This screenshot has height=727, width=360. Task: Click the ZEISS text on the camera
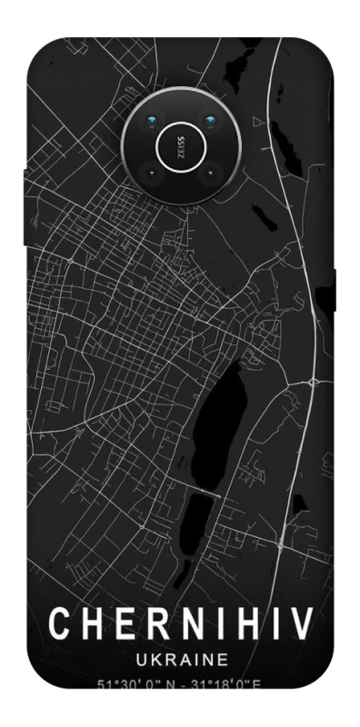click(179, 144)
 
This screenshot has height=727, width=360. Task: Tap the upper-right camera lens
click(210, 121)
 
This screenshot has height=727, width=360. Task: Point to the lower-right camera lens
click(210, 170)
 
